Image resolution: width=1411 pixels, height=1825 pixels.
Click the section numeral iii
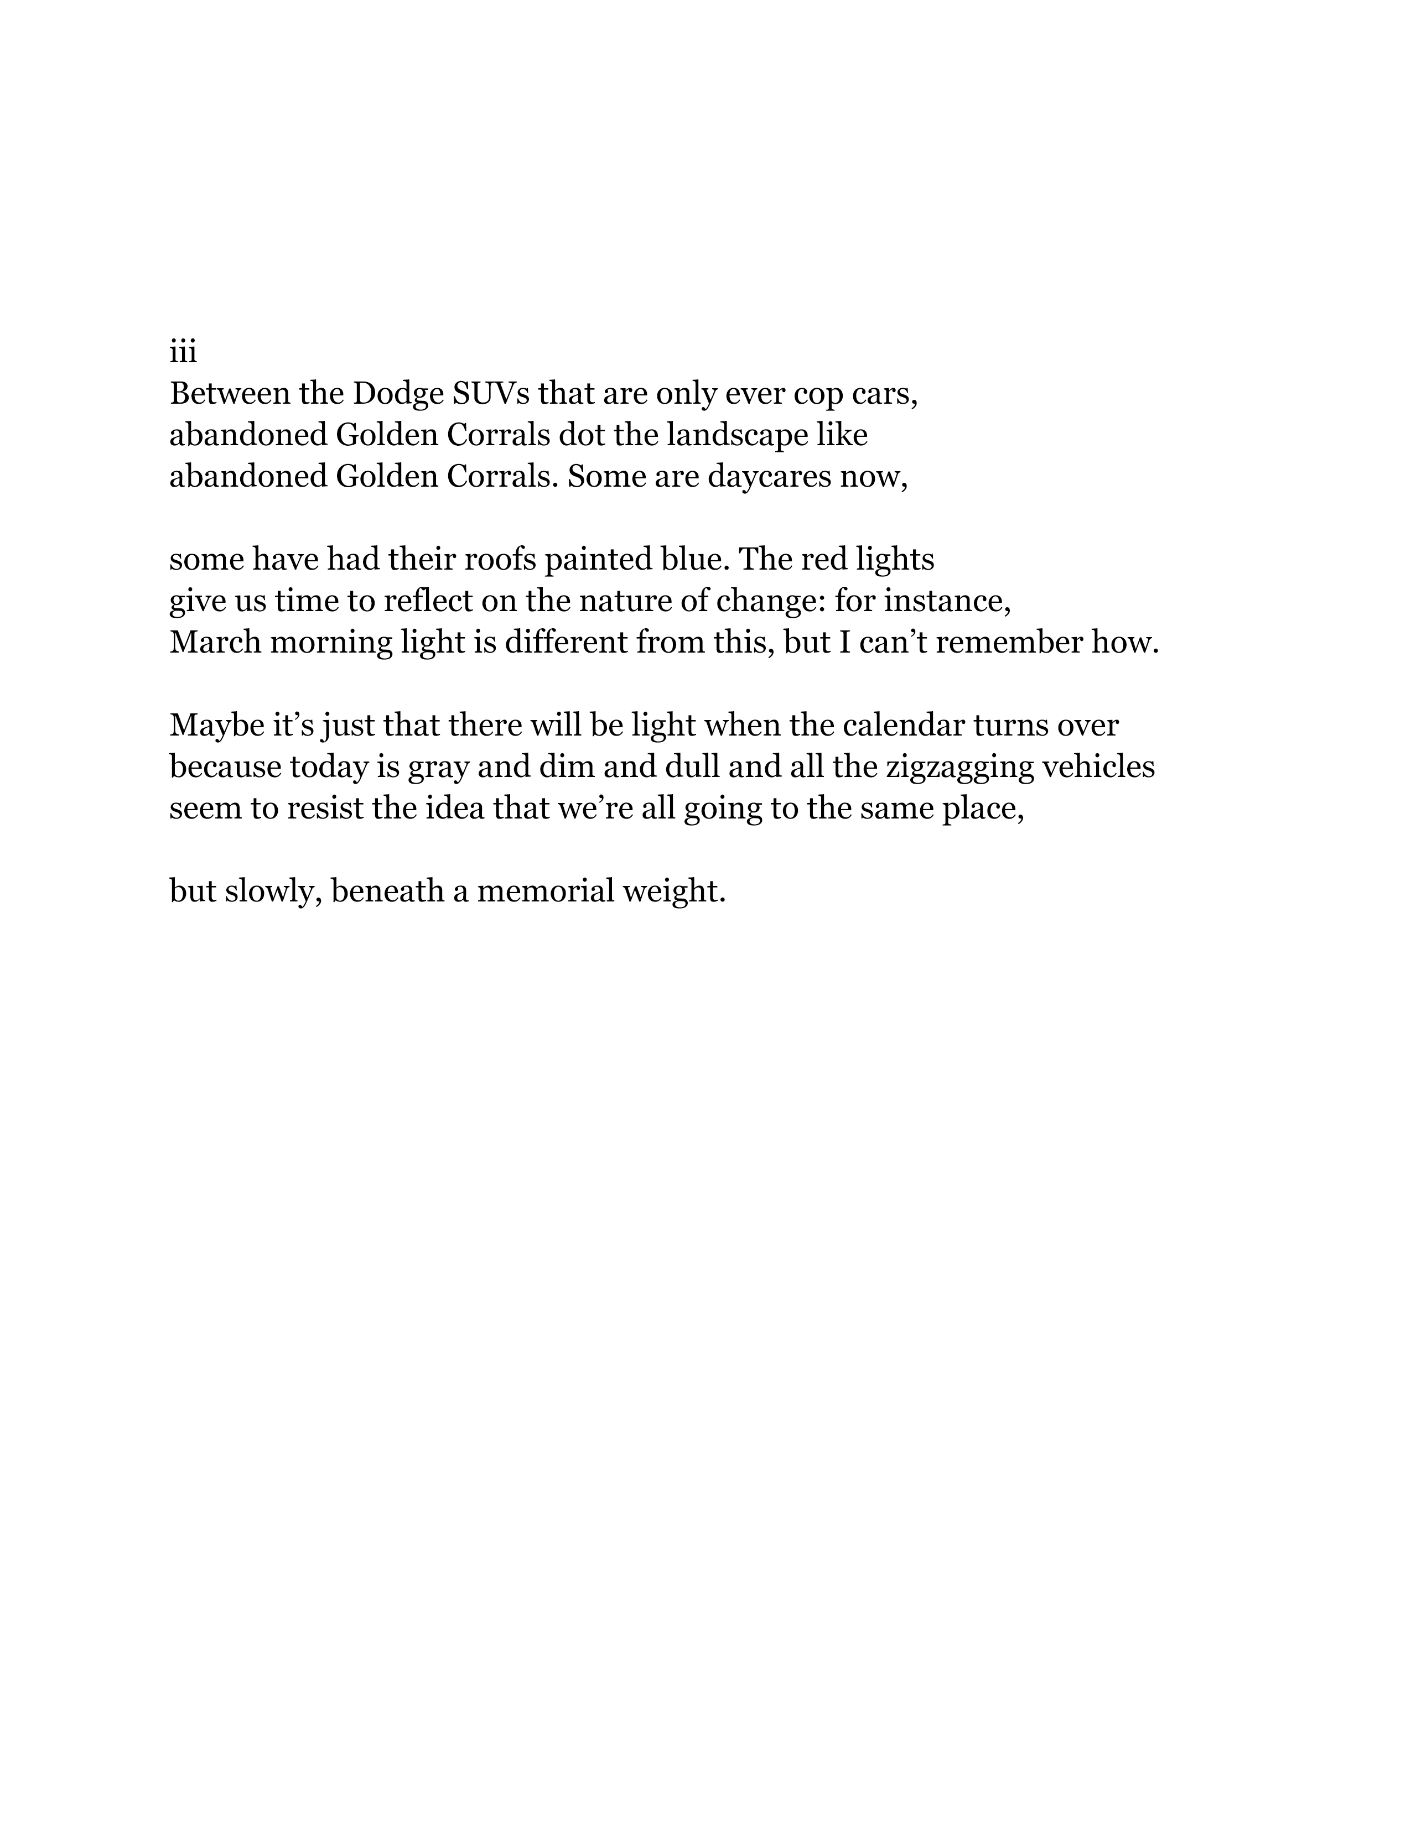[x=183, y=353]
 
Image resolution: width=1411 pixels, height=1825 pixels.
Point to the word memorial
[x=542, y=891]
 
